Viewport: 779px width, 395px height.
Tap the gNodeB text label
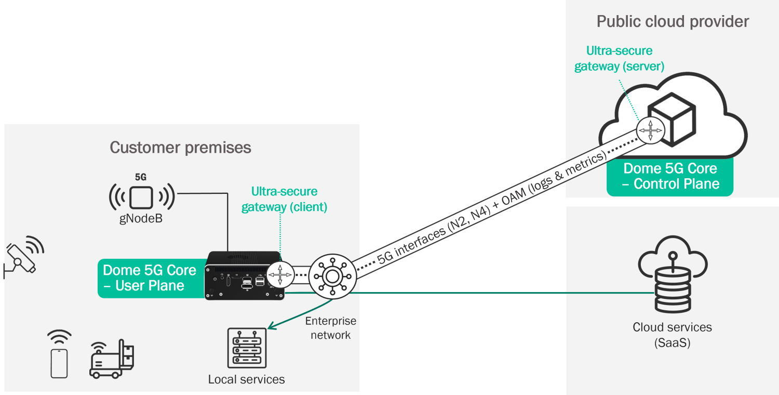[x=141, y=219]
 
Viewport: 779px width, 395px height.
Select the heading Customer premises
[x=180, y=148]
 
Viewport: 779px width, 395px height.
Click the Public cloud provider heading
[x=673, y=22]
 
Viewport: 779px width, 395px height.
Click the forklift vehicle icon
[x=111, y=359]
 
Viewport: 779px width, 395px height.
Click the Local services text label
[x=246, y=379]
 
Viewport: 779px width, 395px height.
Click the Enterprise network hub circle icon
[x=332, y=276]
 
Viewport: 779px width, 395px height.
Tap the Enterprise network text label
[x=331, y=328]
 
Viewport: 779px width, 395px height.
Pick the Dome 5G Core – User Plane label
[x=150, y=278]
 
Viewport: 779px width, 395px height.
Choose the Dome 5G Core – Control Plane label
[x=670, y=176]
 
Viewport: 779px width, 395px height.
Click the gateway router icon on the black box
[x=280, y=274]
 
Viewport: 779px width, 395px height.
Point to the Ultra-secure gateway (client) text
[x=284, y=199]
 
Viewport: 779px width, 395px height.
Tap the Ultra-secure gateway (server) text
[x=619, y=58]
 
